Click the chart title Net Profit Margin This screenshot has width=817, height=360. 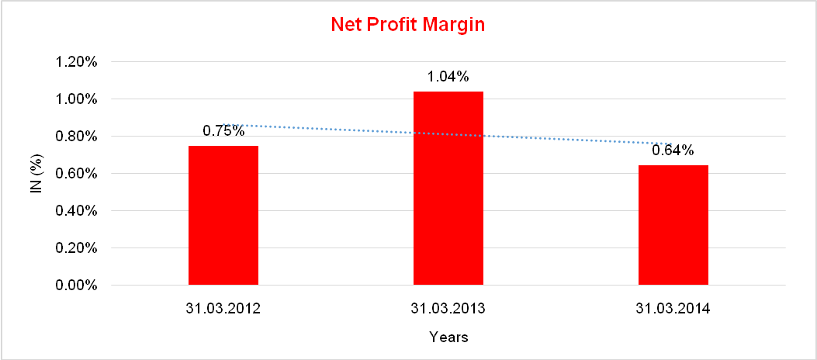tap(407, 25)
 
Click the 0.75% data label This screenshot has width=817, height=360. tap(223, 131)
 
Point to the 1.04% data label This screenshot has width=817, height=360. tap(448, 77)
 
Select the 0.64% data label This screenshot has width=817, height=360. tap(673, 151)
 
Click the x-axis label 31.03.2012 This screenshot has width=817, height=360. tap(223, 309)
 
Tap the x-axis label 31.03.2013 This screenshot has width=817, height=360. tap(448, 309)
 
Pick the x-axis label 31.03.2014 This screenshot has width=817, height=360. tap(673, 309)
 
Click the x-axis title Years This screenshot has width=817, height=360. tap(448, 337)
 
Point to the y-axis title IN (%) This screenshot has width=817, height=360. tap(36, 174)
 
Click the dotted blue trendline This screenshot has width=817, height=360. tap(349, 130)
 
